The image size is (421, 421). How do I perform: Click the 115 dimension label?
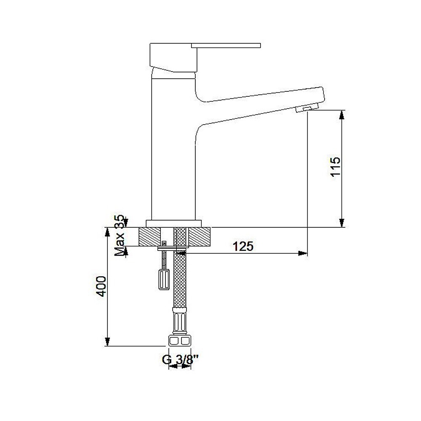[x=335, y=166]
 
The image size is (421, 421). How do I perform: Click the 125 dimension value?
[x=243, y=246]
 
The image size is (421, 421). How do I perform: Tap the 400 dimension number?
[x=101, y=286]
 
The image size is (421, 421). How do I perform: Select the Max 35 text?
[x=120, y=235]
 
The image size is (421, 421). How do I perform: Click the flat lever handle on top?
[x=226, y=45]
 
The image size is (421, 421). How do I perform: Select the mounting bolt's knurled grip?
[x=164, y=280]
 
